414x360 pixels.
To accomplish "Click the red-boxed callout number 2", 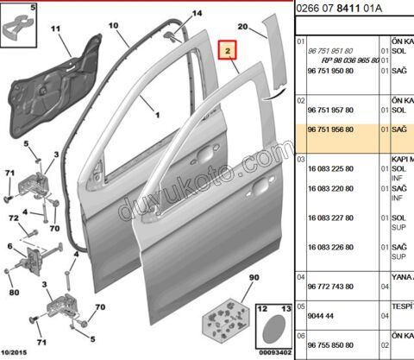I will coord(229,52).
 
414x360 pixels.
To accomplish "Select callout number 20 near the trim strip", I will coord(267,27).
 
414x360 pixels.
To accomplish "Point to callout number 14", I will coord(198,15).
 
